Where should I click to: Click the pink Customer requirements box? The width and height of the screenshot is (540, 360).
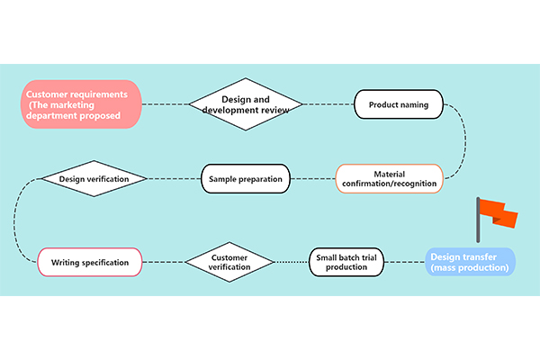pos(83,104)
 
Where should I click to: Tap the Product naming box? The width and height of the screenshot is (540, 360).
pos(398,104)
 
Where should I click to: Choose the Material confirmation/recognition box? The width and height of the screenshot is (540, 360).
pos(389,178)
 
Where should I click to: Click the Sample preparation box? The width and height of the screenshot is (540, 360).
pos(245,178)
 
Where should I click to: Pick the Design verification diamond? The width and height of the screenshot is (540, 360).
pos(94,178)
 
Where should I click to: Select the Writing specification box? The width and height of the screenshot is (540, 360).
pos(89,262)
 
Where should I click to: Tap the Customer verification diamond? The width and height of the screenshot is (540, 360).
pos(229,262)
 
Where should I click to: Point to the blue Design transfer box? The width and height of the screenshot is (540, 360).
pos(470,262)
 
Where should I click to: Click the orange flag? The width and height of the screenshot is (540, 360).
pos(498,214)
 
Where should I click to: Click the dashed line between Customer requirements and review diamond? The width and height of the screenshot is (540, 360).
pos(164,104)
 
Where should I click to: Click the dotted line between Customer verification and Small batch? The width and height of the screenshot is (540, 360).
pos(292,262)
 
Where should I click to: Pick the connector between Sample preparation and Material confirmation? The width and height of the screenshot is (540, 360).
pos(312,178)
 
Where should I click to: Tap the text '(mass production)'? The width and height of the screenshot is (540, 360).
pos(470,268)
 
